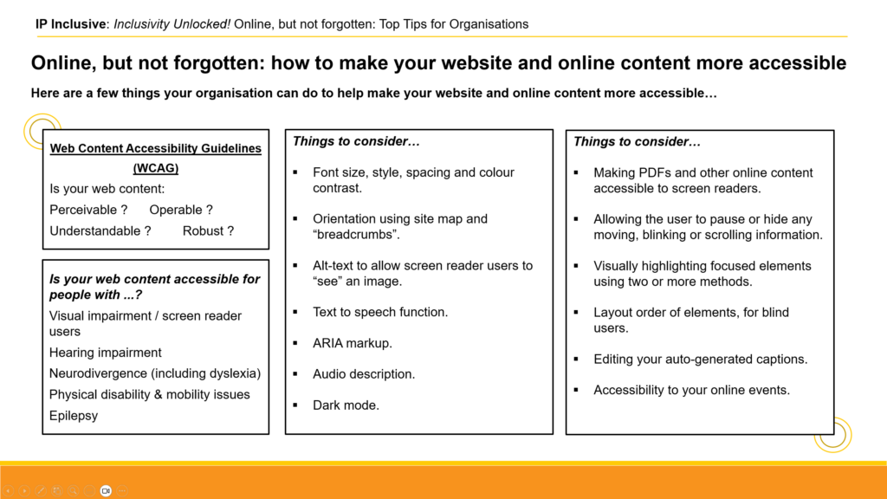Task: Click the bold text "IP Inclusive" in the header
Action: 70,24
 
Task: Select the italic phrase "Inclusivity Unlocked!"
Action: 172,24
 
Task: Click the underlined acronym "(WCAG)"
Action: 156,168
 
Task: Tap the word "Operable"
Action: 176,210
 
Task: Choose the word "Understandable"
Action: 95,230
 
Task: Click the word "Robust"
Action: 203,230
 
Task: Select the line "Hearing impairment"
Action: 105,353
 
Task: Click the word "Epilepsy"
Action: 74,416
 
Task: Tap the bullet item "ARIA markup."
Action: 353,343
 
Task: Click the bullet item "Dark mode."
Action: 346,405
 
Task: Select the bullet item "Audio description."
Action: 364,374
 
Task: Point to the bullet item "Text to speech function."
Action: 380,312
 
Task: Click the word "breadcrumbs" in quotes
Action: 356,234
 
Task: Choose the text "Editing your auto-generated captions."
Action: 700,360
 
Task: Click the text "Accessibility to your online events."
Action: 691,390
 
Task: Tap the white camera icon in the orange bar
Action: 106,490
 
